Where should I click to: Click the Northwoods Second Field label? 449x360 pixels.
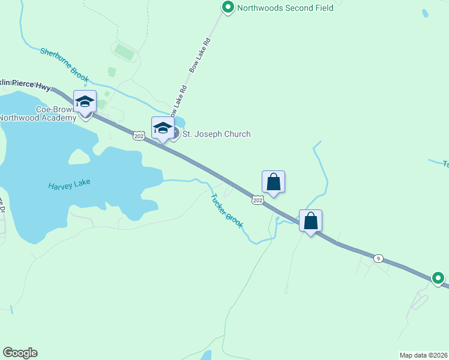click(285, 8)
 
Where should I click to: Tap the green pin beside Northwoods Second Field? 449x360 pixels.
click(228, 8)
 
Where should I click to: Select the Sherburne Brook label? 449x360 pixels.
click(64, 65)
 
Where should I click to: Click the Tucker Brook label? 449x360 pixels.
click(227, 211)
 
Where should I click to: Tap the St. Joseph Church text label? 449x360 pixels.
click(216, 134)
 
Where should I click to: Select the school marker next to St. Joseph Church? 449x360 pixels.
click(163, 128)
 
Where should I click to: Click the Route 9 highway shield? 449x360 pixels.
click(378, 259)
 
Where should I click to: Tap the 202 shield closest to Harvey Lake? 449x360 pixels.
click(139, 136)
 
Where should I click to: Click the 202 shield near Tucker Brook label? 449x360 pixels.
click(258, 200)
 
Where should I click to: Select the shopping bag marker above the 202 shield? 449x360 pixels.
click(273, 182)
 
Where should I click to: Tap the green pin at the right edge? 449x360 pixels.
click(439, 278)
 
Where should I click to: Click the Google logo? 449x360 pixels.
click(20, 353)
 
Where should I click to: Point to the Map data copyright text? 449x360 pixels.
click(424, 355)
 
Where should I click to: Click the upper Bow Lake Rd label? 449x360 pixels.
click(200, 56)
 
